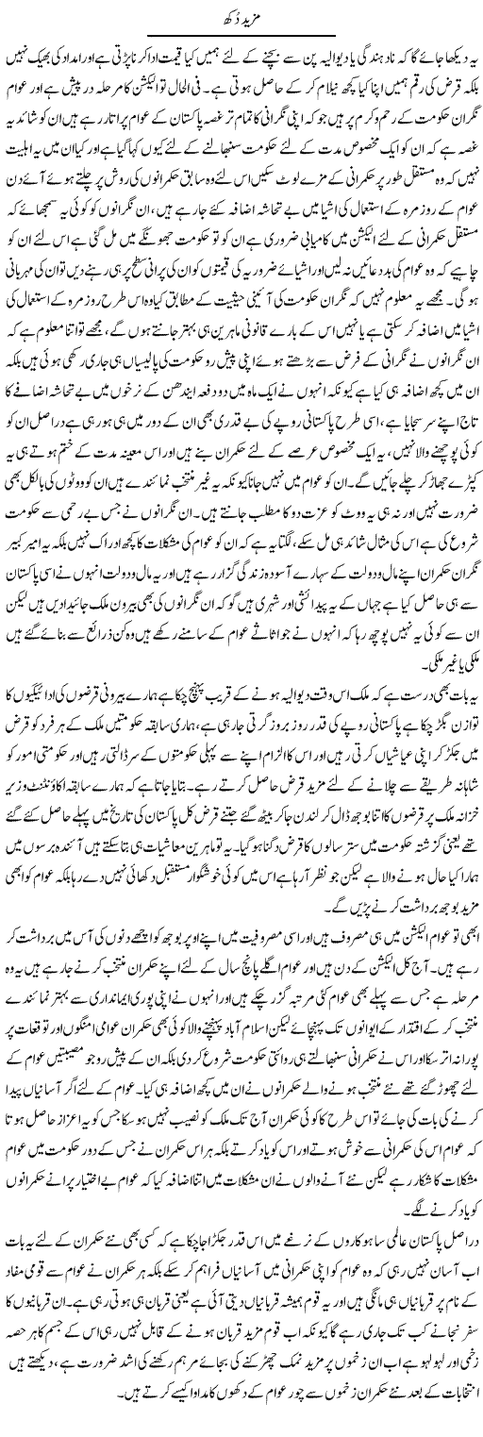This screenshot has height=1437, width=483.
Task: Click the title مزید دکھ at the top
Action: (x=241, y=16)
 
